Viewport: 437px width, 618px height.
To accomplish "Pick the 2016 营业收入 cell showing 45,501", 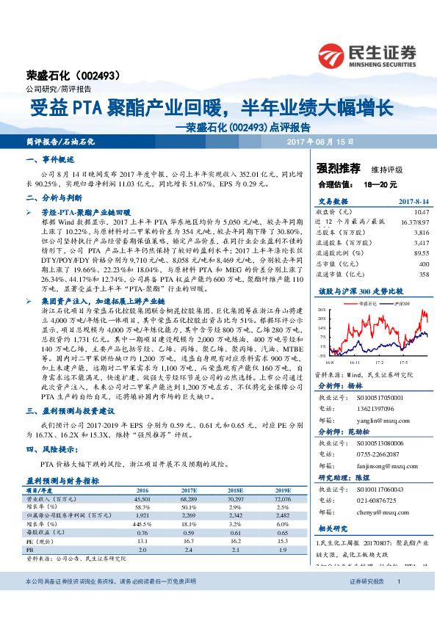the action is [143, 498].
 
